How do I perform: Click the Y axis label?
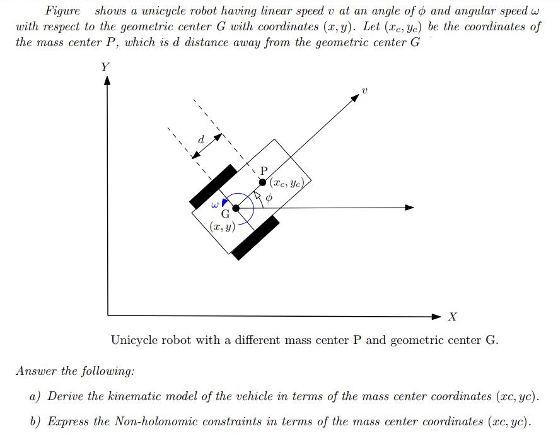(105, 67)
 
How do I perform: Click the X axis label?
(452, 316)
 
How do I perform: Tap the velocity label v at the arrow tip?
(364, 93)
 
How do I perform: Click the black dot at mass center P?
(262, 182)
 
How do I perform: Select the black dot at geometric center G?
(236, 208)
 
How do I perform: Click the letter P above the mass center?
(264, 170)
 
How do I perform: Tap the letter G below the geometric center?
(224, 216)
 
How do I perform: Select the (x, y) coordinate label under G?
(223, 227)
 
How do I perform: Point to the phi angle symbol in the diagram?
(269, 197)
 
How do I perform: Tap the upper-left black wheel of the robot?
(213, 186)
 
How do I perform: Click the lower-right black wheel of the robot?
(255, 237)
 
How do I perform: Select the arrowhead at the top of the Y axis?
(107, 81)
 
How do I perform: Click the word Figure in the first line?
(62, 11)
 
